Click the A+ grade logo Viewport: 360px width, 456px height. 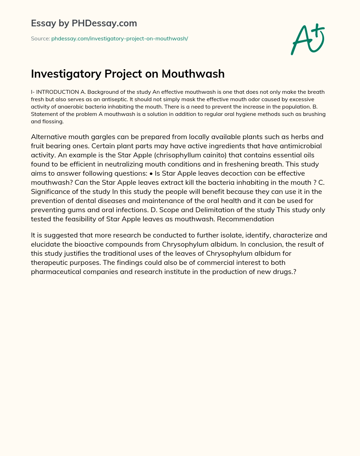tap(308, 39)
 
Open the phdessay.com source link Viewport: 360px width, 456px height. tap(120, 39)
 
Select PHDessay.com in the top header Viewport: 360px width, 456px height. tap(104, 23)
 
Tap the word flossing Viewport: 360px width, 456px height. tap(53, 122)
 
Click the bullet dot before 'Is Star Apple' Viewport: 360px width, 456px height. tap(151, 173)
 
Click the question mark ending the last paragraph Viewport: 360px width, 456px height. tap(294, 272)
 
